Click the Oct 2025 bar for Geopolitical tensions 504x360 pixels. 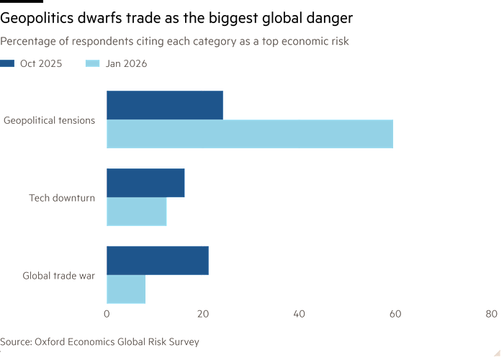tap(165, 104)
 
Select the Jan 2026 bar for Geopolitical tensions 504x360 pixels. tap(250, 134)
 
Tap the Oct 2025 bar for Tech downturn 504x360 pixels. tap(145, 183)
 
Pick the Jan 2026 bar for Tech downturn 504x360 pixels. tap(137, 212)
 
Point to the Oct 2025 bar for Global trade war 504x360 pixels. tap(158, 261)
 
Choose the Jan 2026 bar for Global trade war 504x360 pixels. tap(126, 289)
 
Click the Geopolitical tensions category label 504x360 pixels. tap(49, 120)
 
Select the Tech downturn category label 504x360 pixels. tap(62, 198)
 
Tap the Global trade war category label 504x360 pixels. tap(58, 276)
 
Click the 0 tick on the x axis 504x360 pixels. tap(107, 314)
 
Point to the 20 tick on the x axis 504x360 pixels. tap(203, 314)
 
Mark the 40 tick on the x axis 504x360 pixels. tap(300, 314)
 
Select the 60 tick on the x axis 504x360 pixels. tap(395, 314)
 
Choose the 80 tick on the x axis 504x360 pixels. tap(491, 314)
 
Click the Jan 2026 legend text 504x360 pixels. tap(126, 64)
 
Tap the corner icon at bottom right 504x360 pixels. tap(496, 350)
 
